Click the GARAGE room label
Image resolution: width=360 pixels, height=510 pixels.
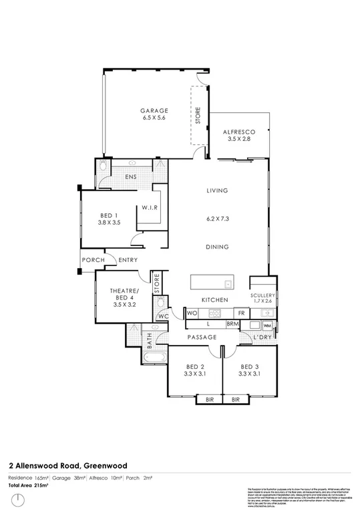[x=154, y=110]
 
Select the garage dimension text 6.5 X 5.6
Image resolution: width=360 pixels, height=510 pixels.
[x=154, y=118]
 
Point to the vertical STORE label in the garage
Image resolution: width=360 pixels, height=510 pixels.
[x=198, y=116]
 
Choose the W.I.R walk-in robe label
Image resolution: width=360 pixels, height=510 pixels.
[x=149, y=208]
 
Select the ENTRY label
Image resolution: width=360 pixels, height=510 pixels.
[x=128, y=260]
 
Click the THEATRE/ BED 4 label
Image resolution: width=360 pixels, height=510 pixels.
[x=123, y=295]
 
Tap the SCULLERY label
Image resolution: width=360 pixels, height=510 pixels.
[x=263, y=295]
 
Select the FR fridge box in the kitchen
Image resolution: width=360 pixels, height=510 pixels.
[x=241, y=313]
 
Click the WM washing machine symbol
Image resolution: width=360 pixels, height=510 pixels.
[x=267, y=325]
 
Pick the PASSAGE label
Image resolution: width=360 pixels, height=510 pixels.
[x=200, y=338]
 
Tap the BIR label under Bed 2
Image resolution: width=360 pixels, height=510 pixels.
[x=210, y=400]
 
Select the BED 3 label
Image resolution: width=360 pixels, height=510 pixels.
[x=249, y=366]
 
